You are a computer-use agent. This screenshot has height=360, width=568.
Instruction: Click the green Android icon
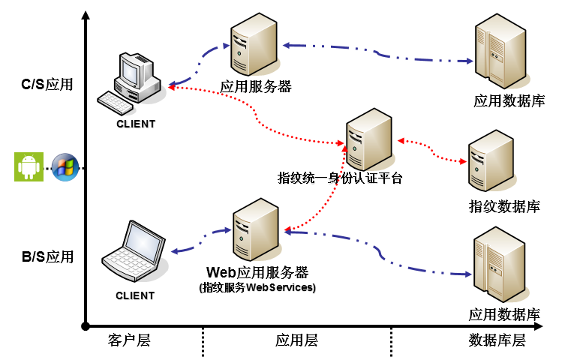pyautogui.click(x=29, y=166)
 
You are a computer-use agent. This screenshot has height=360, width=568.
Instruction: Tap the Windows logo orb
pyautogui.click(x=65, y=166)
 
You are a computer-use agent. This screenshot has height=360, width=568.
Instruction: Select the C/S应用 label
pyautogui.click(x=47, y=84)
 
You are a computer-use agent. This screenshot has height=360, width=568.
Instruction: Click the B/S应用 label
pyautogui.click(x=47, y=256)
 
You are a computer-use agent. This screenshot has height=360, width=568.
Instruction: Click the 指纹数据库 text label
pyautogui.click(x=503, y=206)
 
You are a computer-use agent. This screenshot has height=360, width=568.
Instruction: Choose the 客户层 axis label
pyautogui.click(x=129, y=340)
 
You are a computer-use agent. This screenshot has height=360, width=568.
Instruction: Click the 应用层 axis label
pyautogui.click(x=296, y=340)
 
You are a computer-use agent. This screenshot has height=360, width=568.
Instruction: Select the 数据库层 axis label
pyautogui.click(x=497, y=340)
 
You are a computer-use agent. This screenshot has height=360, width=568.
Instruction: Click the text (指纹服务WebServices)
pyautogui.click(x=257, y=287)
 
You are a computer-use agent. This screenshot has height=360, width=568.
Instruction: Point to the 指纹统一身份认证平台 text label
pyautogui.click(x=340, y=178)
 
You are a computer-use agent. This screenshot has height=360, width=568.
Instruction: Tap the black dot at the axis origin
pyautogui.click(x=86, y=325)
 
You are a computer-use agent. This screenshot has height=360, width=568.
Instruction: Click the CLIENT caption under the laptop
pyautogui.click(x=135, y=295)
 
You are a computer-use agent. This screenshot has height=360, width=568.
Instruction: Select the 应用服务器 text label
pyautogui.click(x=255, y=87)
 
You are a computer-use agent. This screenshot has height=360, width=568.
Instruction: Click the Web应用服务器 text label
pyautogui.click(x=257, y=271)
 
